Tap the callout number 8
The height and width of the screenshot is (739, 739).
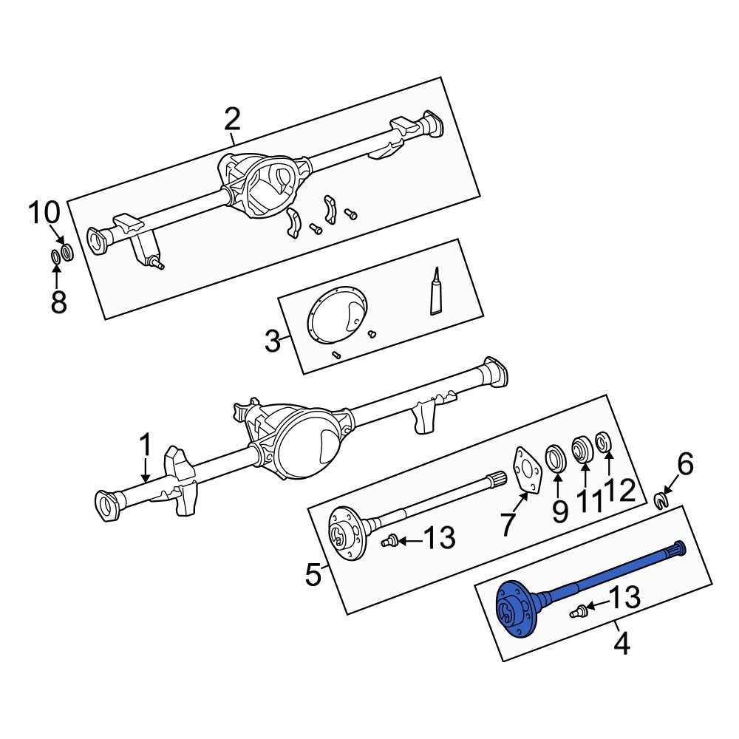click(58, 301)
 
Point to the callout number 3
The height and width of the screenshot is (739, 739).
click(273, 341)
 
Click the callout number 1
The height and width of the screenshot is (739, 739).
click(146, 446)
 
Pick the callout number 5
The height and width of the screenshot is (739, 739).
click(313, 574)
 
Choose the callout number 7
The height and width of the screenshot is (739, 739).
click(508, 524)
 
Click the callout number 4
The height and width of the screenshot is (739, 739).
click(622, 644)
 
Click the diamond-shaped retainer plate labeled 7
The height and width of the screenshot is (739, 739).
click(527, 470)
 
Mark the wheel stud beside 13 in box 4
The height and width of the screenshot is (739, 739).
click(579, 610)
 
